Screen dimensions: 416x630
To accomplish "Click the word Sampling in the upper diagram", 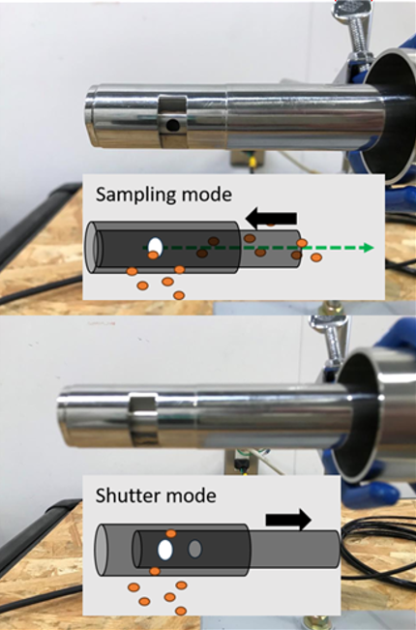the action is click(136, 195).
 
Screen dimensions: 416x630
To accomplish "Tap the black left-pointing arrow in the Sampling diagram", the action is click(271, 219).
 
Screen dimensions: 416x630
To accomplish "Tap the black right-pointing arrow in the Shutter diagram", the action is click(288, 520).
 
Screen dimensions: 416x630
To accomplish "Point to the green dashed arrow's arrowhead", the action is click(367, 248).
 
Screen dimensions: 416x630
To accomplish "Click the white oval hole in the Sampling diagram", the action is click(156, 247).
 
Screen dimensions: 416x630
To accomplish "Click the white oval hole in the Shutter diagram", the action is click(165, 550).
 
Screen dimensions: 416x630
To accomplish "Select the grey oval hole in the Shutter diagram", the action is click(194, 549).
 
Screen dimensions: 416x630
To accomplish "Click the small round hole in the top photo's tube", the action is click(173, 126).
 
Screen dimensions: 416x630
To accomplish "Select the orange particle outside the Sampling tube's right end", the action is click(316, 257).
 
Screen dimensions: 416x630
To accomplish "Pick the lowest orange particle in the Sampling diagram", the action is click(179, 296).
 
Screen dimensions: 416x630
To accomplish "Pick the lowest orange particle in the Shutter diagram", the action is click(181, 611).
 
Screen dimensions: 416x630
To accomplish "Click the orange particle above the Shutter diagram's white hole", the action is click(171, 533).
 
